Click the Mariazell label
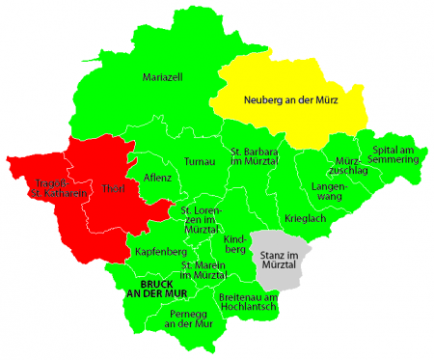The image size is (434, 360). click(x=162, y=76)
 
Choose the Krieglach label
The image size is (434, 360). click(x=306, y=219)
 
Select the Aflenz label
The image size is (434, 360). click(x=157, y=179)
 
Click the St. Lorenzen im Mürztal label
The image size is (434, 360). click(x=202, y=219)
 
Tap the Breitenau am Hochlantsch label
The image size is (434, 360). click(x=248, y=302)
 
